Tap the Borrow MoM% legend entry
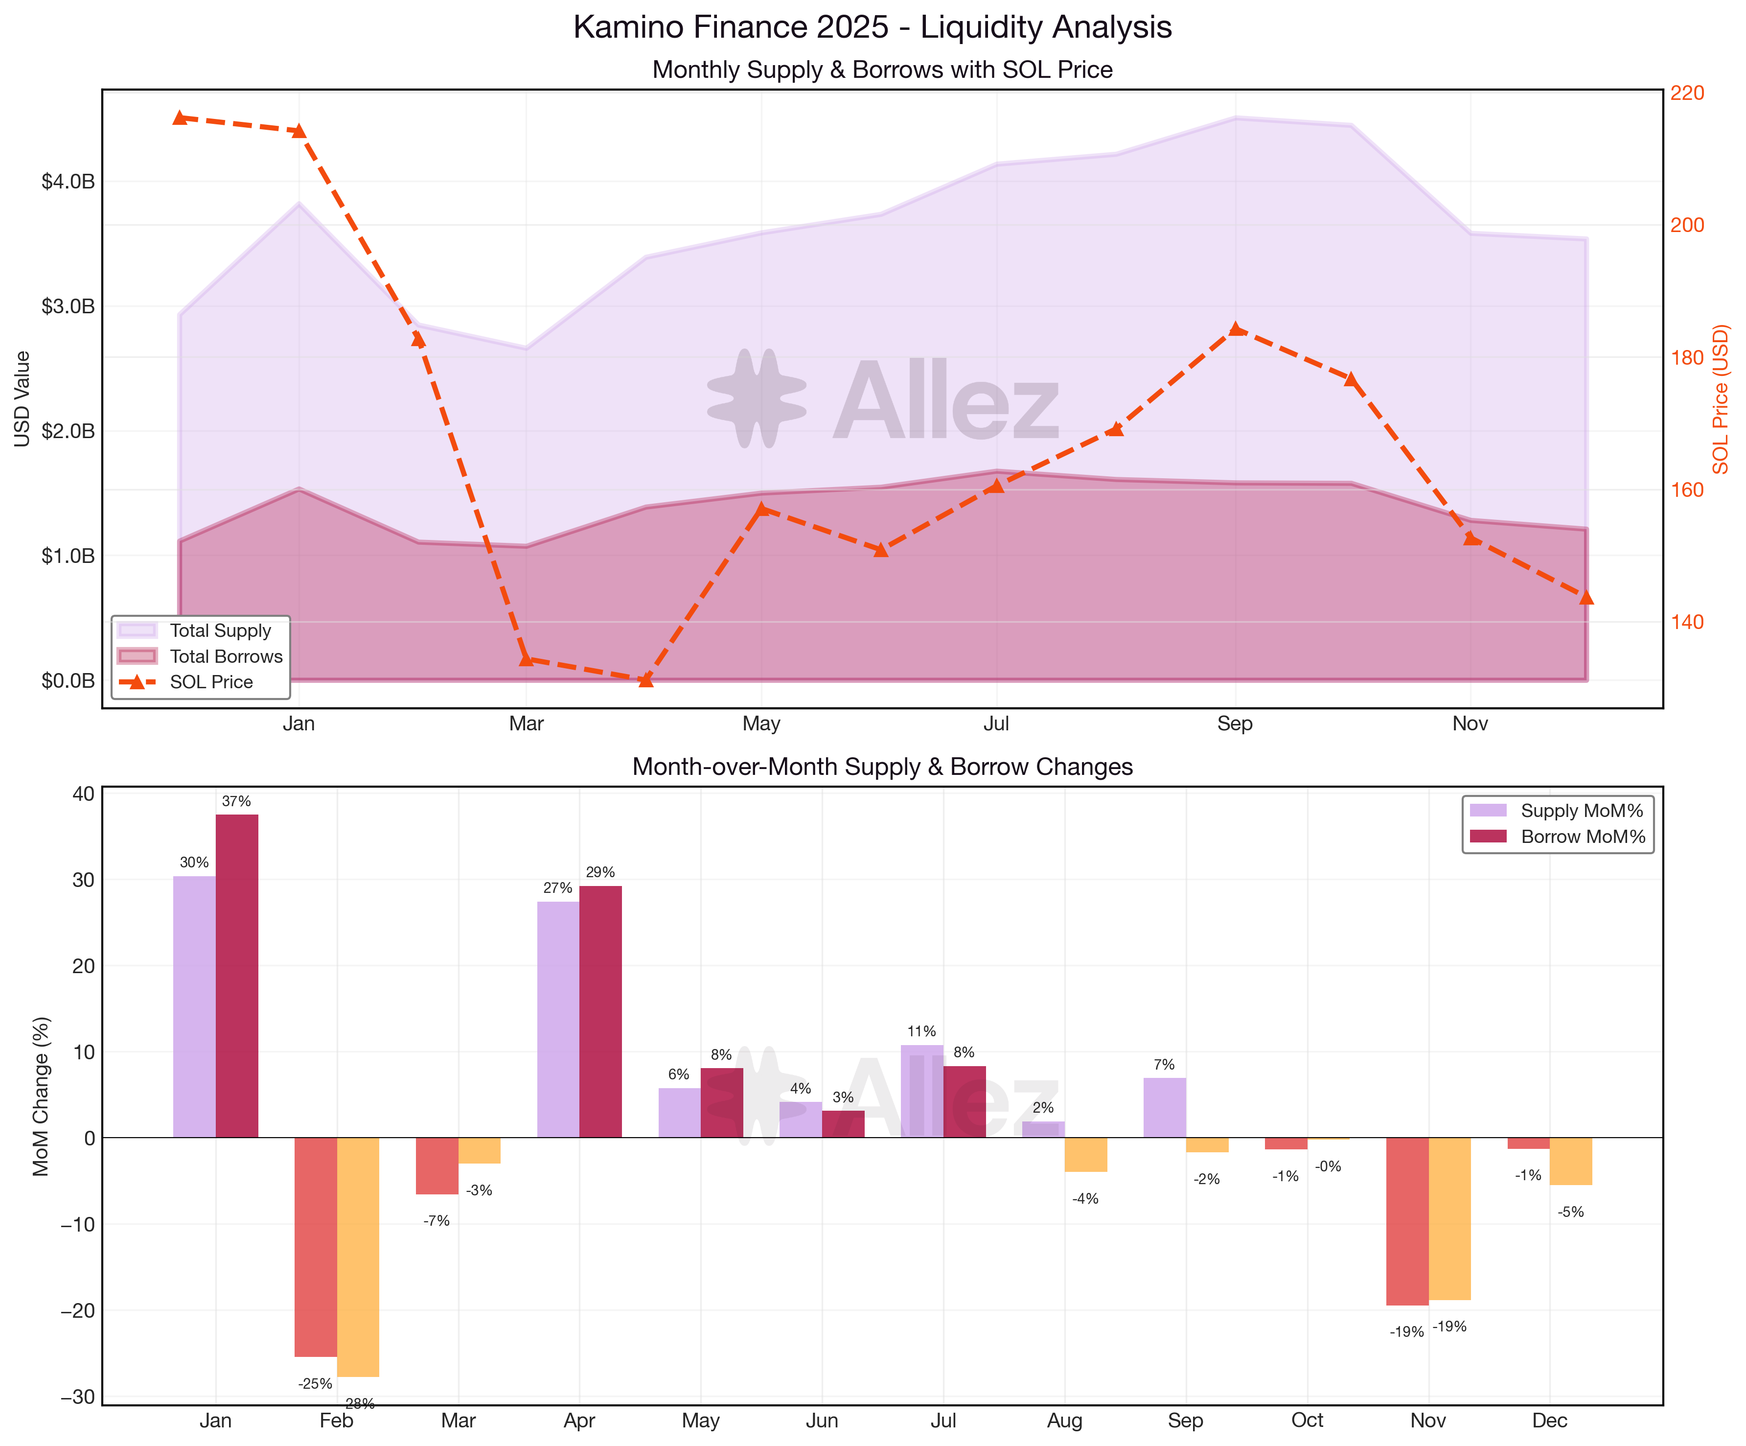click(x=1582, y=837)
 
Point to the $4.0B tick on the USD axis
click(x=68, y=181)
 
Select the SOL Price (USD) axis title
click(x=1720, y=399)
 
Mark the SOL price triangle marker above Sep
click(x=1236, y=328)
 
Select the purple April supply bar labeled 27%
click(x=558, y=1020)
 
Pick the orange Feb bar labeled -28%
click(x=358, y=1257)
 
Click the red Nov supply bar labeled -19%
click(x=1407, y=1221)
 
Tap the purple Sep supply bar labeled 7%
click(x=1164, y=1108)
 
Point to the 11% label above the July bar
click(x=921, y=1031)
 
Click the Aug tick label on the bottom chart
click(x=1064, y=1420)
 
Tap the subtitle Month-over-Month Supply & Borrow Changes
click(x=882, y=766)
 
